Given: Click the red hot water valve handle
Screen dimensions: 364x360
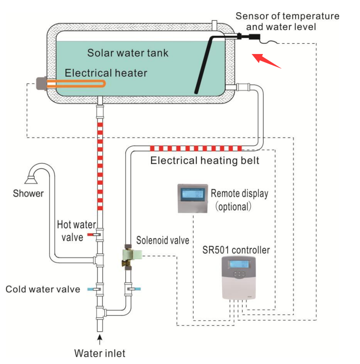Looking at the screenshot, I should pyautogui.click(x=92, y=235).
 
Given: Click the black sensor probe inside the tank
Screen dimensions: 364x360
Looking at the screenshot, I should pyautogui.click(x=206, y=64).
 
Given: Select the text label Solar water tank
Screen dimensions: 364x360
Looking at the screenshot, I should pyautogui.click(x=127, y=53).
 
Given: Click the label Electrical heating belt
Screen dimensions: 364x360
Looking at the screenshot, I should pyautogui.click(x=204, y=160).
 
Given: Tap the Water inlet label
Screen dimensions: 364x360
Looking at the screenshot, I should pyautogui.click(x=100, y=353).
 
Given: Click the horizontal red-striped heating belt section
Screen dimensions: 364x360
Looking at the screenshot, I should pyautogui.click(x=195, y=148).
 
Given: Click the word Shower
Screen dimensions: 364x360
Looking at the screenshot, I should pyautogui.click(x=28, y=193).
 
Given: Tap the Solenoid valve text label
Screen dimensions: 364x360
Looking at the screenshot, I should pyautogui.click(x=162, y=240).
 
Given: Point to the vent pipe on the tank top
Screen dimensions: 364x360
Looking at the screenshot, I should pyautogui.click(x=216, y=24).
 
